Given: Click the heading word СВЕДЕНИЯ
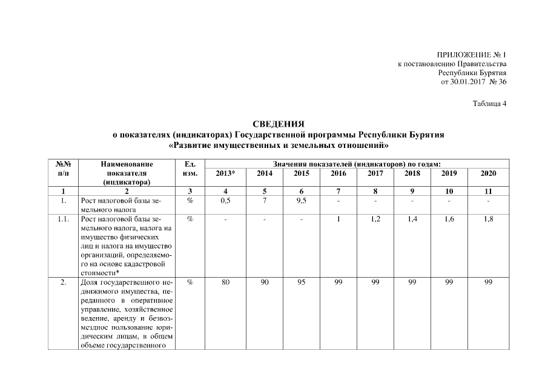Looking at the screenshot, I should [x=279, y=124].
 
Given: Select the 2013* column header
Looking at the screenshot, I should [x=225, y=173].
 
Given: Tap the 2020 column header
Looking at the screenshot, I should [x=488, y=173].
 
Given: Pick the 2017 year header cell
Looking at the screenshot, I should [x=375, y=173].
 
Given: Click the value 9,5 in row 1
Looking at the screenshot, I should [x=301, y=201].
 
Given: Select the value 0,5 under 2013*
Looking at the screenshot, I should [x=225, y=201].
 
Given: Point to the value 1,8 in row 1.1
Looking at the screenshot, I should [x=488, y=219].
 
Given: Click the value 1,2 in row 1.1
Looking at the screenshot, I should [x=375, y=219].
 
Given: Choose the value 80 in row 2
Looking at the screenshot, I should [x=225, y=283].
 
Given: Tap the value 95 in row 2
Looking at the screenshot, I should [x=301, y=283].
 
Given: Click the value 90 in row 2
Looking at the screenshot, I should [x=264, y=283].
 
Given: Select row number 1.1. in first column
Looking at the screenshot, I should [x=64, y=219].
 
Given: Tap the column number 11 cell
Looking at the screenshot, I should [x=488, y=192].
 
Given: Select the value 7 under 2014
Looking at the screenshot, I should [x=264, y=201].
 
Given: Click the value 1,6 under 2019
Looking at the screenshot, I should [x=450, y=219].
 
